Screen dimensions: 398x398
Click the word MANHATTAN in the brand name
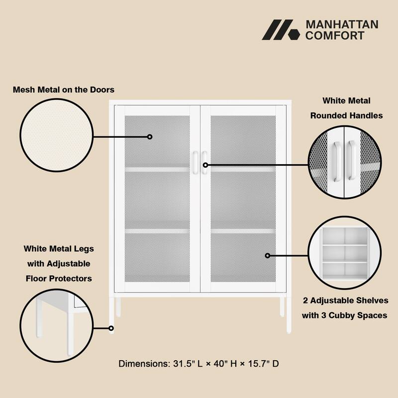pos(342,24)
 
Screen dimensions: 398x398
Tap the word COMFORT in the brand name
pos(335,35)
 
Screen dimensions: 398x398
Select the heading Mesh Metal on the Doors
pos(64,90)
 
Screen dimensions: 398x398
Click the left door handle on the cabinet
pos(196,163)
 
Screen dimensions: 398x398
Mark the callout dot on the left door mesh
pos(149,136)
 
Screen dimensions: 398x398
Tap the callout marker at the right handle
pos(205,165)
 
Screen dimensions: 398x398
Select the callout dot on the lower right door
pos(268,255)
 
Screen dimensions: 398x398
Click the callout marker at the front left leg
pos(111,328)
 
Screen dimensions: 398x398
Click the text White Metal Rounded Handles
pos(346,108)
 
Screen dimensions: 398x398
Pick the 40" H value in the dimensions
pos(224,364)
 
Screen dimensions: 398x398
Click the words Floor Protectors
pos(59,279)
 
